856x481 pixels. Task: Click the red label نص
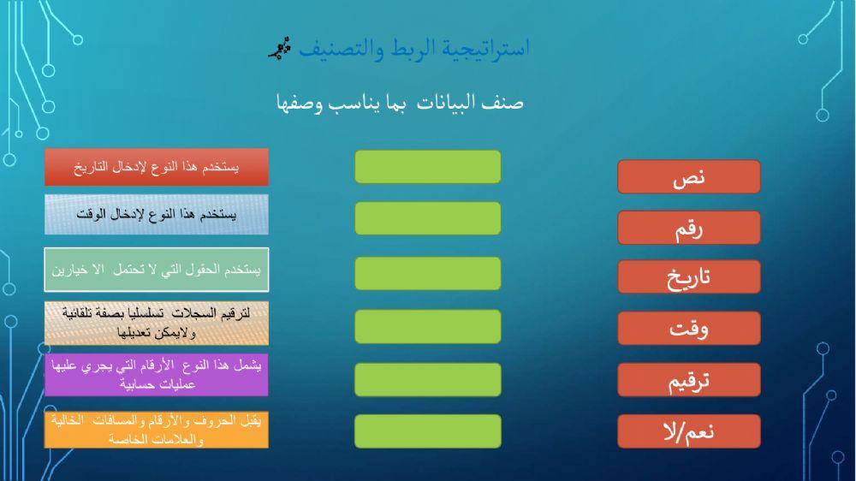tap(688, 176)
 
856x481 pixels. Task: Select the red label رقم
tap(688, 228)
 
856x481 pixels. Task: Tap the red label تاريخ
tap(688, 277)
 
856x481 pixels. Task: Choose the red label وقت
tap(688, 329)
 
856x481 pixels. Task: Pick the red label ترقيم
tap(688, 381)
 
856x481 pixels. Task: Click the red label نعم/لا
tap(688, 431)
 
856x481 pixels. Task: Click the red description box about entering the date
tap(157, 167)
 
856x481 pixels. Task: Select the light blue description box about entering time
tap(157, 214)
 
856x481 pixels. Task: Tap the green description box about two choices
tap(157, 270)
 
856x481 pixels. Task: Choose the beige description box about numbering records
tap(157, 323)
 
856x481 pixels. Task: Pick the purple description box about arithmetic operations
tap(157, 375)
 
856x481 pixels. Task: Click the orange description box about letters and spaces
tap(157, 430)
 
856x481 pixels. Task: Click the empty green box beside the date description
tap(427, 167)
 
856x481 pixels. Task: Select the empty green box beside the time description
tap(427, 218)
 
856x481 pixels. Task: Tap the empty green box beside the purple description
tap(427, 379)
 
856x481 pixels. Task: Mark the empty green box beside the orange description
tap(427, 431)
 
